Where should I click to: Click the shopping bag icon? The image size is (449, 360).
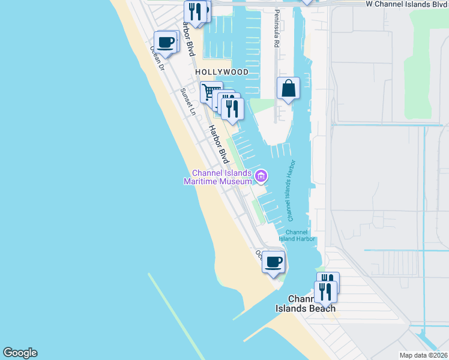(x=288, y=88)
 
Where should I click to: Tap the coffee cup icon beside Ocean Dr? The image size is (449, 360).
(x=166, y=42)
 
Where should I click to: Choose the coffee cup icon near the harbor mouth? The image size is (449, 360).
(x=274, y=262)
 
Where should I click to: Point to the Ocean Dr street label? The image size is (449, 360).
(x=157, y=59)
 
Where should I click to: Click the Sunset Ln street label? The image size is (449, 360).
(x=188, y=102)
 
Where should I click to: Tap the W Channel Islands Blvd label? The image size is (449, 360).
(x=407, y=4)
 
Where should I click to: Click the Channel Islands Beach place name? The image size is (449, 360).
(x=306, y=304)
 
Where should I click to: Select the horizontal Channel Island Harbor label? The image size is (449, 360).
(x=297, y=236)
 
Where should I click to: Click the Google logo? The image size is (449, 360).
(x=20, y=353)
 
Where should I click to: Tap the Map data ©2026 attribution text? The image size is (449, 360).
(x=423, y=355)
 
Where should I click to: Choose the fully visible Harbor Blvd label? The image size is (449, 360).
(x=218, y=144)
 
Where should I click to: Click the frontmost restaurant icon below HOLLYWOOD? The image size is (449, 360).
(x=232, y=108)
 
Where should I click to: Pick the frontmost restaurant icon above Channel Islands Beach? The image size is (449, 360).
(x=325, y=292)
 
